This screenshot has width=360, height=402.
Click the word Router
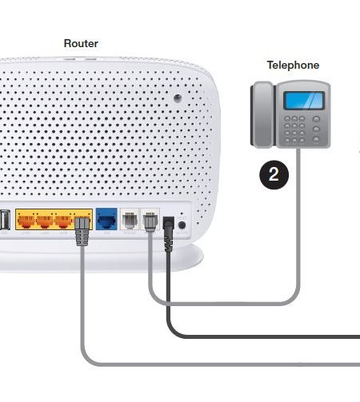pyautogui.click(x=81, y=43)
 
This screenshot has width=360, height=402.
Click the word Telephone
pyautogui.click(x=293, y=66)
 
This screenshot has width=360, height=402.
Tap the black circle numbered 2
pyautogui.click(x=274, y=175)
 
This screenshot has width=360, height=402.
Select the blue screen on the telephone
pyautogui.click(x=304, y=101)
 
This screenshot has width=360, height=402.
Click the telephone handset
pyautogui.click(x=262, y=114)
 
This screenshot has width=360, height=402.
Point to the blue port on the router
pyautogui.click(x=106, y=219)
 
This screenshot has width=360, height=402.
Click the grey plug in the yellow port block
pyautogui.click(x=82, y=231)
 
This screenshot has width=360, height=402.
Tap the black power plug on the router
pyautogui.click(x=169, y=234)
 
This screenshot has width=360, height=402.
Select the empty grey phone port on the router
pyautogui.click(x=130, y=220)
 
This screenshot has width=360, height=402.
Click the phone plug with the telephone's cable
pyautogui.click(x=150, y=222)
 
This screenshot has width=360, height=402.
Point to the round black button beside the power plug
pyautogui.click(x=182, y=225)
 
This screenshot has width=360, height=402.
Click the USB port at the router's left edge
pyautogui.click(x=5, y=220)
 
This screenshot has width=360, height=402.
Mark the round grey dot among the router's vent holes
pyautogui.click(x=178, y=98)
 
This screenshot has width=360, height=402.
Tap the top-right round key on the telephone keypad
pyautogui.click(x=316, y=119)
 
